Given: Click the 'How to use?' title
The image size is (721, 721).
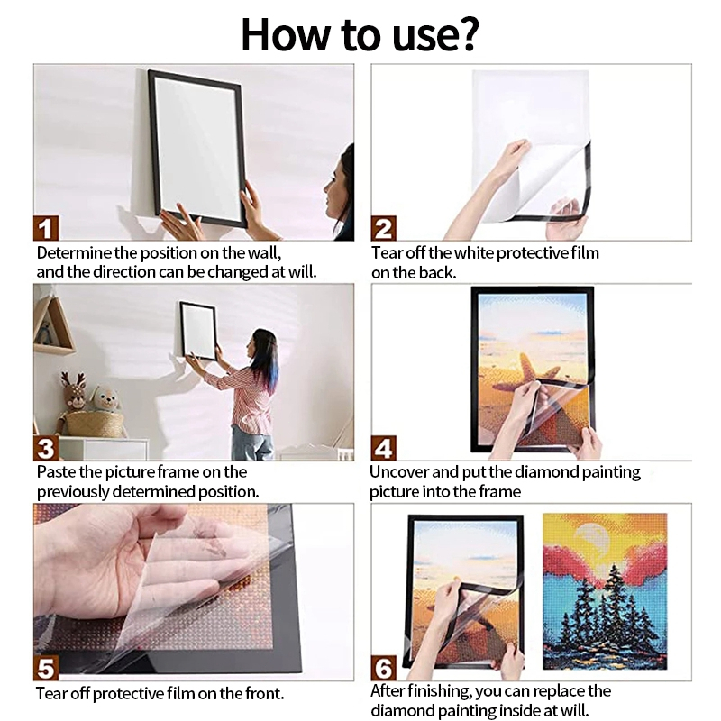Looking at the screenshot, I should click(360, 33).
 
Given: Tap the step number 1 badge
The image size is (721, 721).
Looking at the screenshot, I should click(47, 228).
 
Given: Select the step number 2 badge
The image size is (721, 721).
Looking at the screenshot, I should click(383, 228).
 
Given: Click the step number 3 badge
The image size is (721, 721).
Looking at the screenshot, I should click(47, 448).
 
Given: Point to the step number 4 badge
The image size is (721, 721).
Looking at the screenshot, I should click(383, 448).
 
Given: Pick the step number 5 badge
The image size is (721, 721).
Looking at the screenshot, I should click(47, 668).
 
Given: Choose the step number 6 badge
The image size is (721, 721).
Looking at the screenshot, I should click(383, 668).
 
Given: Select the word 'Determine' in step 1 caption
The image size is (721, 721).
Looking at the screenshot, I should click(70, 253).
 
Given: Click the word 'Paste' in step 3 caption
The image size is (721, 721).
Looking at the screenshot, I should click(54, 472).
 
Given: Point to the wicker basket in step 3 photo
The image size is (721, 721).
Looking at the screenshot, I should click(94, 423).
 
